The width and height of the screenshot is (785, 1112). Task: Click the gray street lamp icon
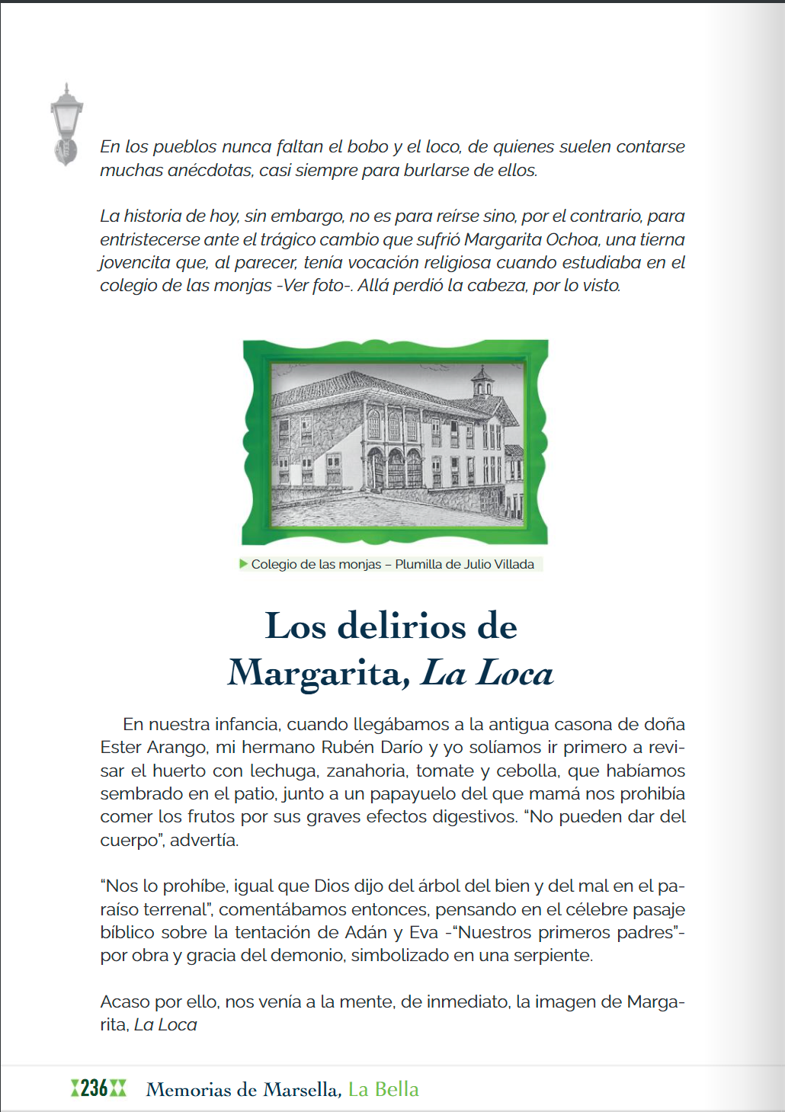pyautogui.click(x=66, y=123)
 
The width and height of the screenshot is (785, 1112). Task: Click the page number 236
pyautogui.click(x=95, y=1088)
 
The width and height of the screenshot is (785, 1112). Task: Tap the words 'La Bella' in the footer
pyautogui.click(x=383, y=1089)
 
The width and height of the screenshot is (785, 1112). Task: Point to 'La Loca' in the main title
pyautogui.click(x=488, y=673)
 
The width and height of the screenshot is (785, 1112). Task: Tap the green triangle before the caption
pyautogui.click(x=244, y=564)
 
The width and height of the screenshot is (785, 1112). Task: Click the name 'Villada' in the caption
pyautogui.click(x=514, y=565)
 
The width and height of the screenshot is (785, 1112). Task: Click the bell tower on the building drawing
pyautogui.click(x=482, y=381)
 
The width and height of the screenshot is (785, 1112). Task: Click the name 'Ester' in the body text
pyautogui.click(x=120, y=747)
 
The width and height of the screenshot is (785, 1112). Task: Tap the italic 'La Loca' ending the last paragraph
pyautogui.click(x=165, y=1024)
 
